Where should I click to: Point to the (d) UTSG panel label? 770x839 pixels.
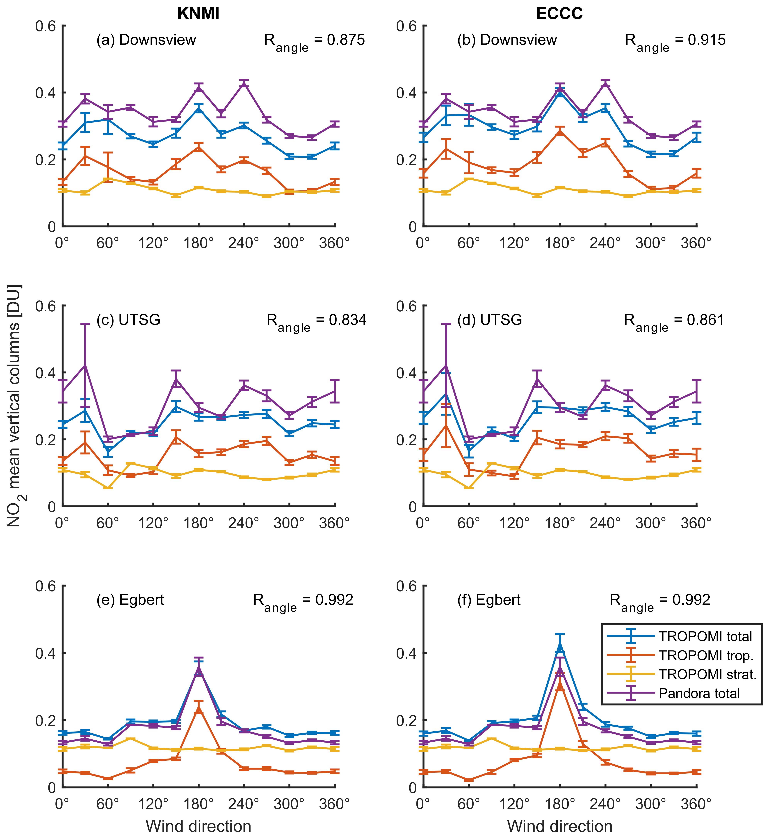coord(490,320)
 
